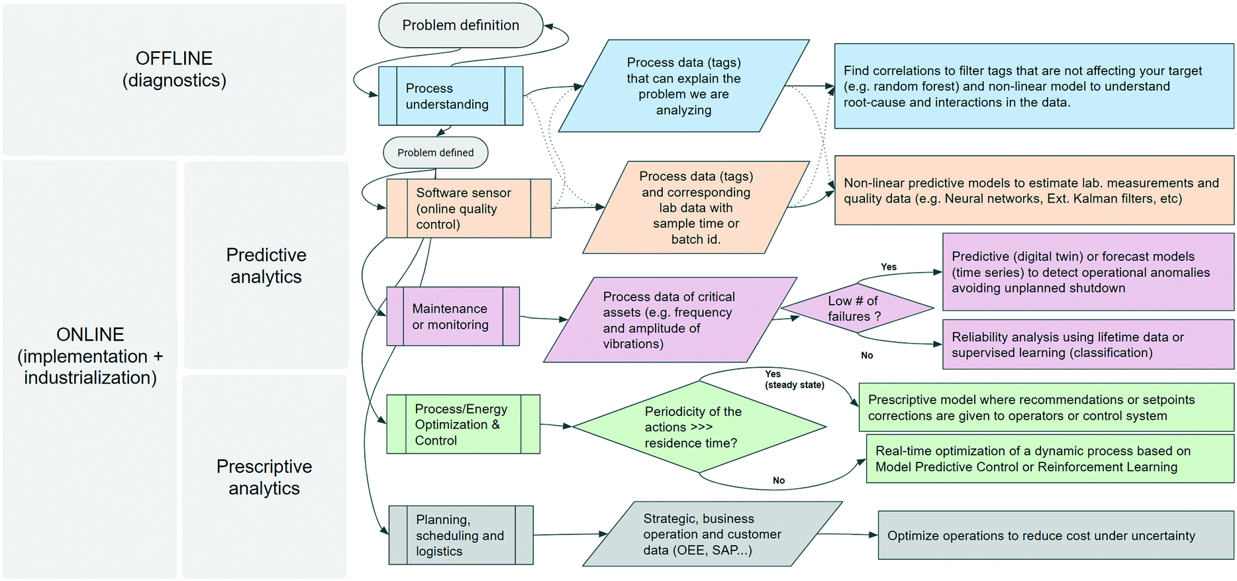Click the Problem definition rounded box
[460, 25]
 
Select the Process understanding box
[450, 96]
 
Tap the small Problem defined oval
[435, 152]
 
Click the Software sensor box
[468, 208]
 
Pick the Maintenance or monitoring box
[452, 316]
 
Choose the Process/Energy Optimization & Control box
[462, 424]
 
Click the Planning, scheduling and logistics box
[460, 535]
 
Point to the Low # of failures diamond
[857, 308]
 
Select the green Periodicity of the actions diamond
[699, 427]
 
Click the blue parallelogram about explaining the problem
[683, 86]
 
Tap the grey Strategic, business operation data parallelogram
[712, 534]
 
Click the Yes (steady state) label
[793, 379]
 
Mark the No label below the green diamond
[779, 480]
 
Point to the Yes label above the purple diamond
[889, 266]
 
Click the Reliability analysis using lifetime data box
[1087, 344]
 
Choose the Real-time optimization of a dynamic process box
[1050, 458]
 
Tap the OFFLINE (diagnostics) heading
[174, 69]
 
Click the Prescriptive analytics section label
[264, 477]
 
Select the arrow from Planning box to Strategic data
[570, 534]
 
